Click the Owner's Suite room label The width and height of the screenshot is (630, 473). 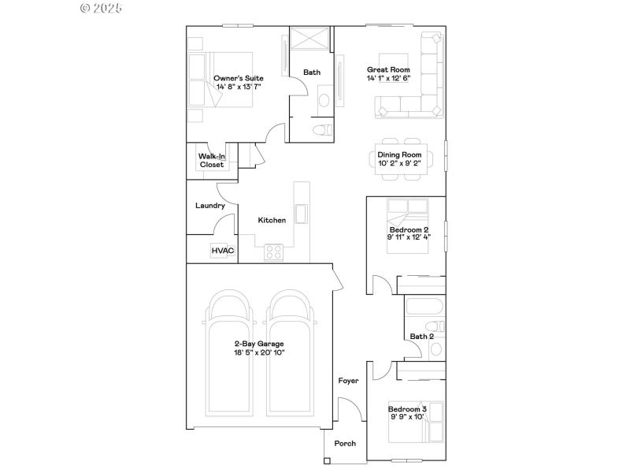point(238,78)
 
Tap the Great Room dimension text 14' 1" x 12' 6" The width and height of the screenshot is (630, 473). point(388,79)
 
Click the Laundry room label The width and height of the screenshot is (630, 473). point(210,206)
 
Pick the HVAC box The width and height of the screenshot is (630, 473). point(221,251)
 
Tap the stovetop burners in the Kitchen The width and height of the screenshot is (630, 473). point(273,252)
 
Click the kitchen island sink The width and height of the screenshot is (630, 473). point(301,214)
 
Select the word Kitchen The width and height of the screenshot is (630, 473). point(272,220)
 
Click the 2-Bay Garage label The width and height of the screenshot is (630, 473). point(258,344)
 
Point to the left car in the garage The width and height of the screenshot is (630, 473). point(228,355)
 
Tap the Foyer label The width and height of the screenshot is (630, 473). point(348,381)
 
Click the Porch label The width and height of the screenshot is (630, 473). point(345,443)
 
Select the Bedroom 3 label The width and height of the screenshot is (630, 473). point(407,409)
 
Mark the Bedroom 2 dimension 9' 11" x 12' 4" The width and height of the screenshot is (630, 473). point(409,236)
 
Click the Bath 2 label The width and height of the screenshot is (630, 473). point(421,337)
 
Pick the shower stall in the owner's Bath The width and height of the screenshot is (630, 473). point(311,39)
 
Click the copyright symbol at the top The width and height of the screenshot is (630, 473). point(85,8)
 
